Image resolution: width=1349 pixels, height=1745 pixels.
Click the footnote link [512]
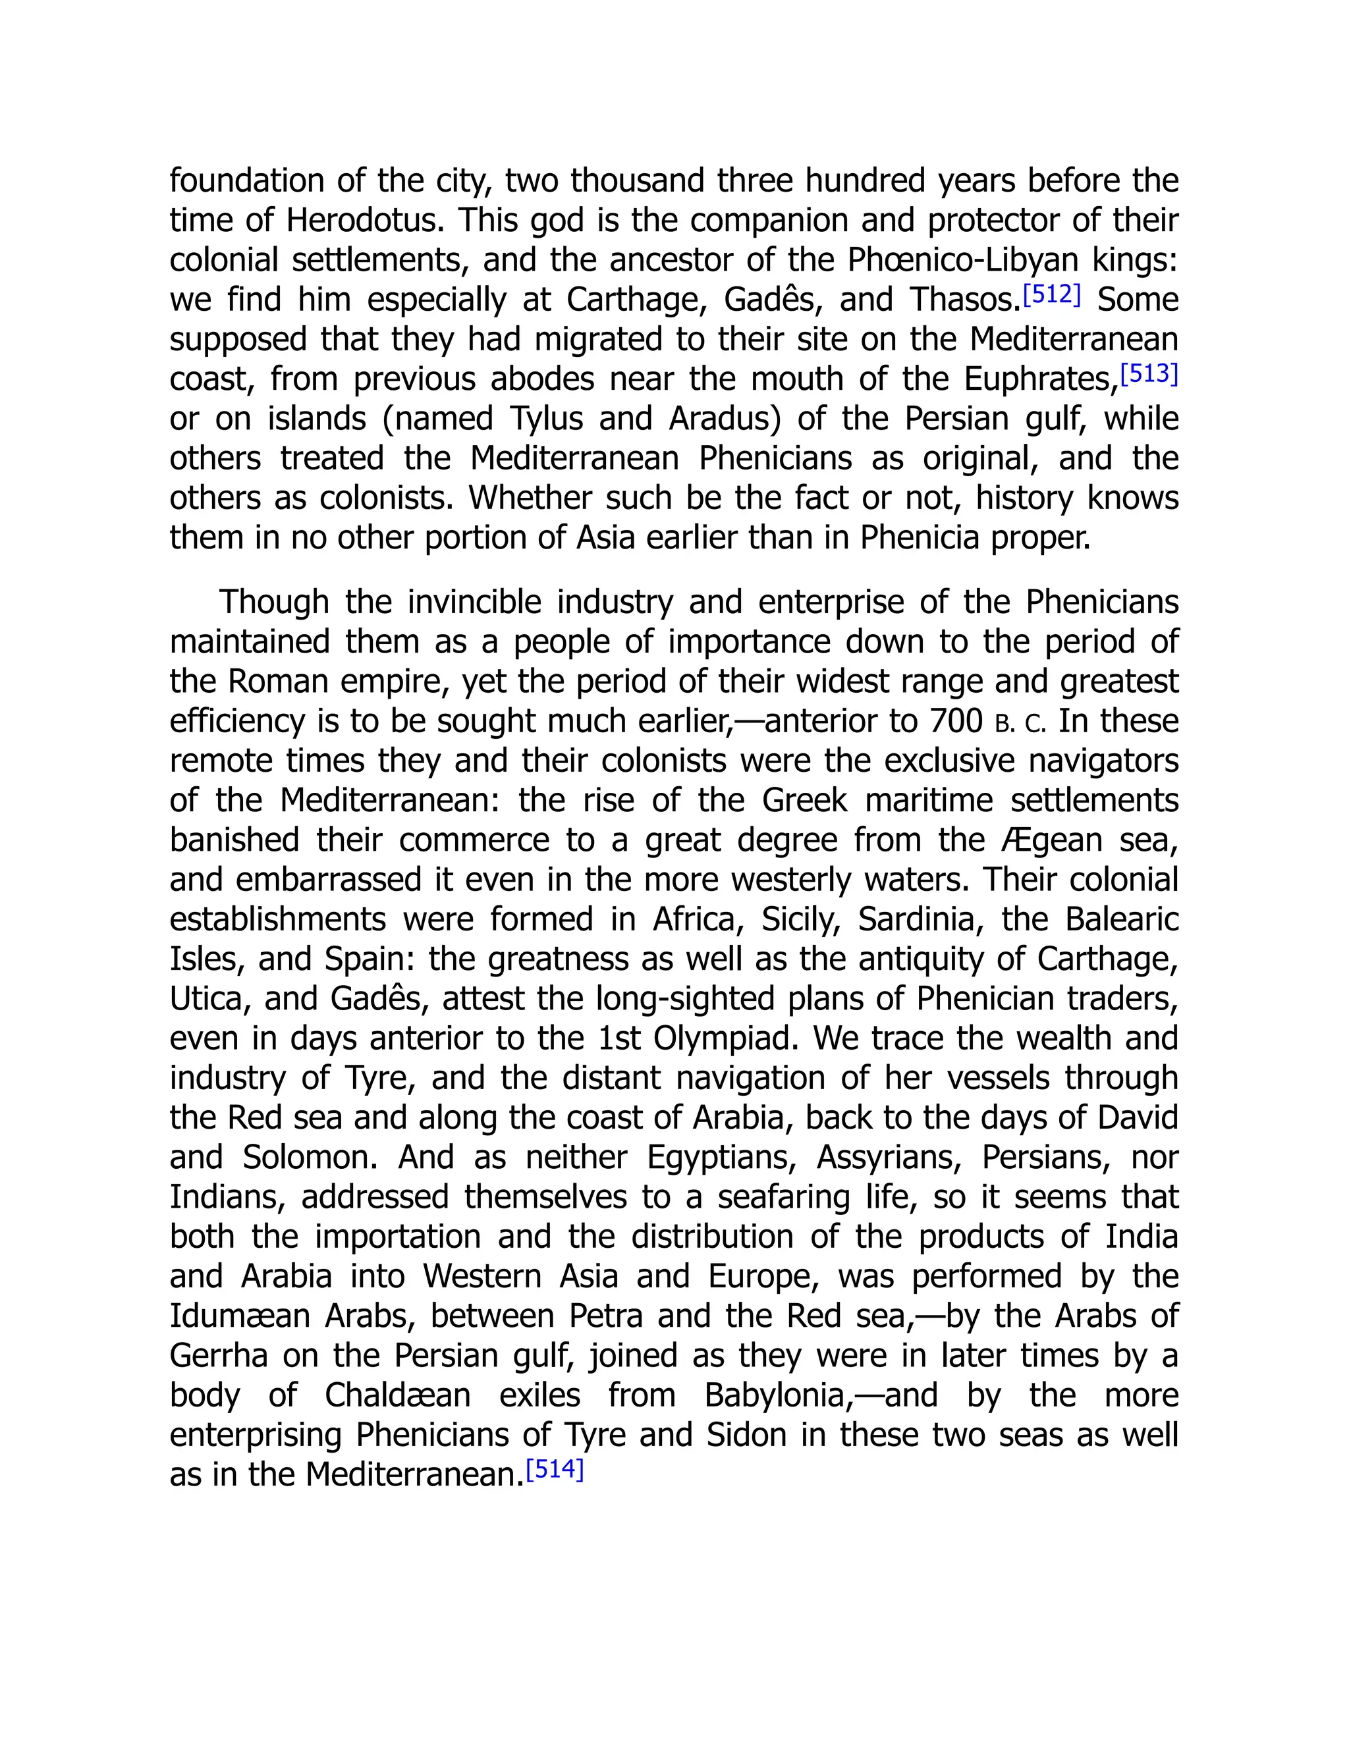point(1052,295)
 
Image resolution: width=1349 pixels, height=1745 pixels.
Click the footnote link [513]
point(1149,374)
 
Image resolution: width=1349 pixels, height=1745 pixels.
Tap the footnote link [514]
point(555,1469)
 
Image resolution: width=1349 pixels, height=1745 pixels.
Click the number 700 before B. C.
point(955,722)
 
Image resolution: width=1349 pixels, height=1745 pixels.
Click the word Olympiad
point(727,1038)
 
